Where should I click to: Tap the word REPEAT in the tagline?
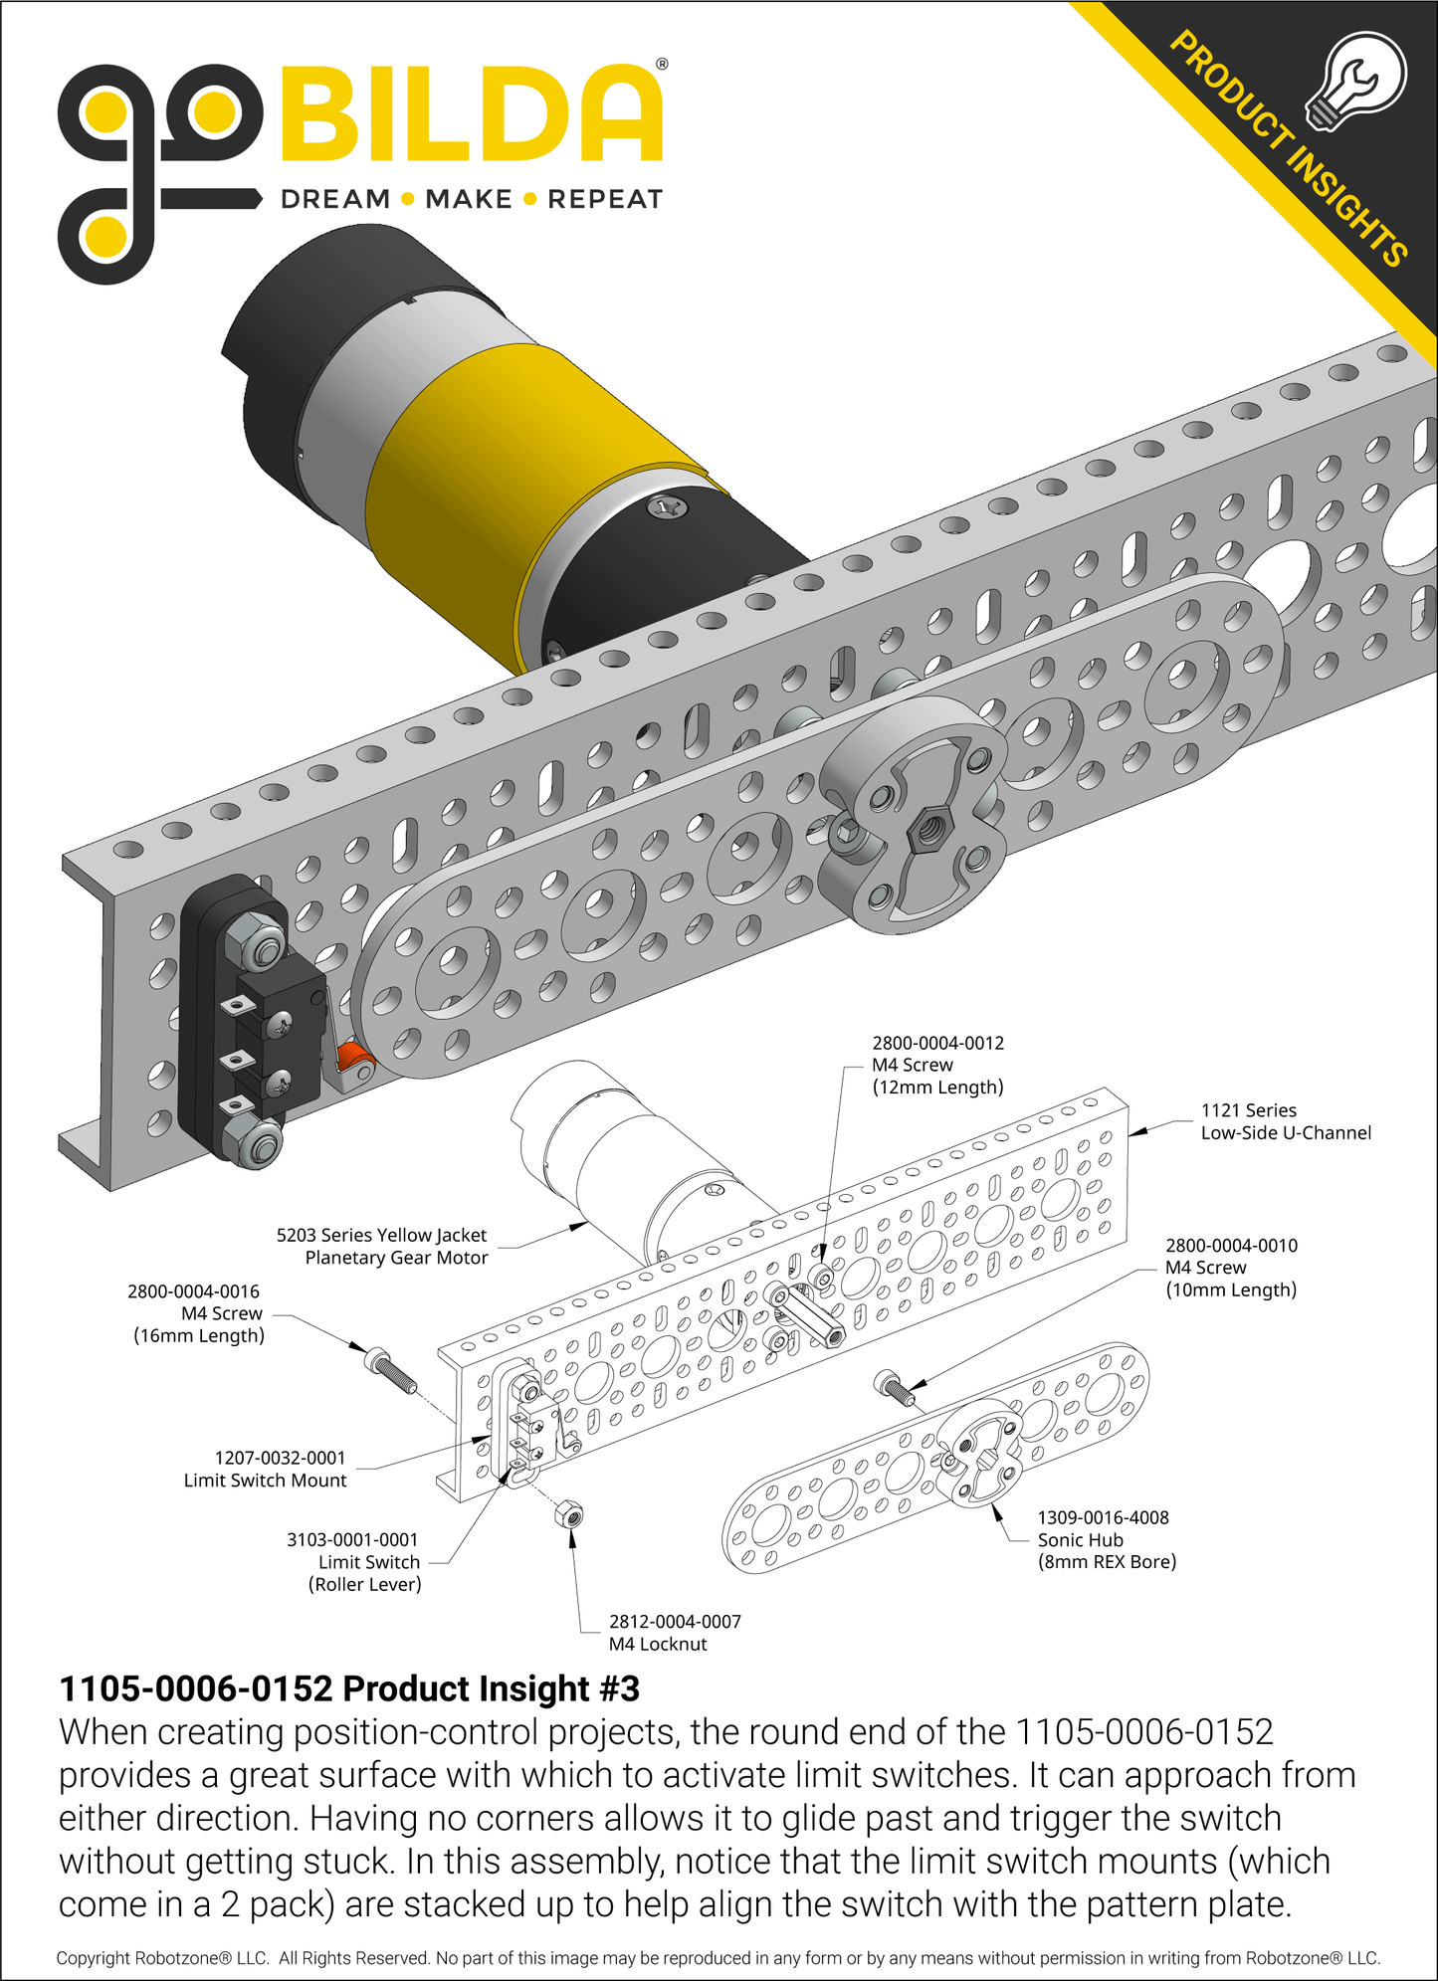pyautogui.click(x=604, y=199)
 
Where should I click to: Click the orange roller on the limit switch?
pyautogui.click(x=352, y=1061)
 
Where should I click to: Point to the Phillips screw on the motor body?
pyautogui.click(x=667, y=507)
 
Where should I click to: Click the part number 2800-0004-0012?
pyautogui.click(x=937, y=1043)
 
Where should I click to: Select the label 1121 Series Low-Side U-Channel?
pyautogui.click(x=1285, y=1121)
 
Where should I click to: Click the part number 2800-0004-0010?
pyautogui.click(x=1231, y=1245)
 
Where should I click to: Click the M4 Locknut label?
pyautogui.click(x=658, y=1644)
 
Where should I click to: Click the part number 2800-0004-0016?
pyautogui.click(x=193, y=1290)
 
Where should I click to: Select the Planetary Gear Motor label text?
pyautogui.click(x=396, y=1257)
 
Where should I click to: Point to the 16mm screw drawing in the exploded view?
pyautogui.click(x=391, y=1370)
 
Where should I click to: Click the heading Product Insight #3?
pyautogui.click(x=349, y=1688)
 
